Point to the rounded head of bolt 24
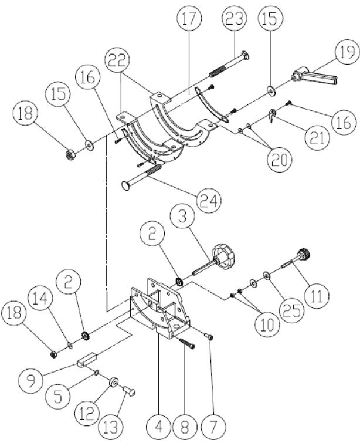pyautogui.click(x=125, y=185)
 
